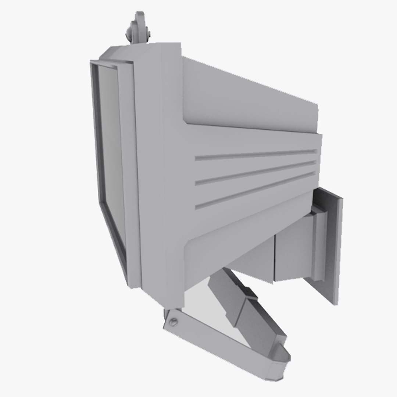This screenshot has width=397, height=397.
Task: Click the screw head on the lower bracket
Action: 174,322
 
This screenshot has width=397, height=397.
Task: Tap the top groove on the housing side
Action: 255,155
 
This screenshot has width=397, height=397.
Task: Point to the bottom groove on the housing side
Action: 255,190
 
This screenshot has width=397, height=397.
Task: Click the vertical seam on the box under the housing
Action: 274,259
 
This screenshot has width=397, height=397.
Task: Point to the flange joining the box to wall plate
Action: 318,243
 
